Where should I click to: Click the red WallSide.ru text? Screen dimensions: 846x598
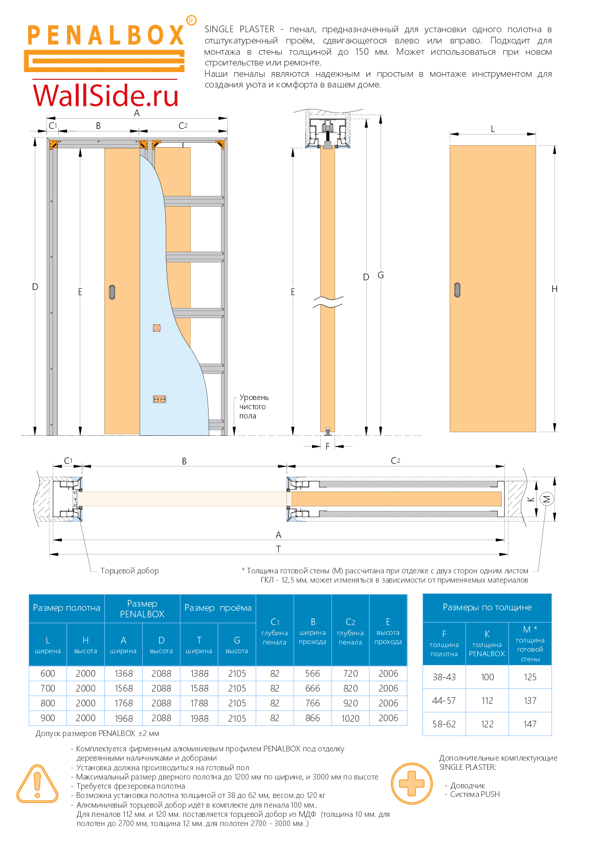pos(106,96)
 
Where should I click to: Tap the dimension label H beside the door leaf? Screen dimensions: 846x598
pos(555,289)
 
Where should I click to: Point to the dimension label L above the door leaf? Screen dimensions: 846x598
pos(493,129)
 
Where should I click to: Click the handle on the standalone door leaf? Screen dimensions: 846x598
pos(457,290)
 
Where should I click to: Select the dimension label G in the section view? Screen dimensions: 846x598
pos(381,275)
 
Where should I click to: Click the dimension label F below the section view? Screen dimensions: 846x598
pos(328,447)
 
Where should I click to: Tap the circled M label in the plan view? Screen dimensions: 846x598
pos(546,499)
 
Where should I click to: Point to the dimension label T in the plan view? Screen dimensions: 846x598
pos(278,549)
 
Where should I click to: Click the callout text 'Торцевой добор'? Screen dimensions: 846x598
pos(129,571)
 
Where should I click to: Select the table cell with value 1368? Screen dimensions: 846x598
pos(123,674)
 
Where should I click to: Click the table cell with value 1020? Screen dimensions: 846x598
pos(350,718)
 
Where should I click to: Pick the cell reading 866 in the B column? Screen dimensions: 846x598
pos(313,718)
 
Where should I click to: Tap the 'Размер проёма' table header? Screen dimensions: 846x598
pos(218,608)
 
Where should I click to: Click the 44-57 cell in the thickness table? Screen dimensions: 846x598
pos(444,700)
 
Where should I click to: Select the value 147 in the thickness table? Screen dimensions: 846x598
pos(530,724)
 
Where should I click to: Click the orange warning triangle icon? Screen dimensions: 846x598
pos(37,784)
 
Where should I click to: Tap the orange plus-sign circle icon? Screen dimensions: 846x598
pos(412,783)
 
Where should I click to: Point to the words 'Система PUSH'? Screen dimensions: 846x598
pos(475,794)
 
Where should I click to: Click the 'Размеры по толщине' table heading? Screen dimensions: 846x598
pos(487,607)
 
